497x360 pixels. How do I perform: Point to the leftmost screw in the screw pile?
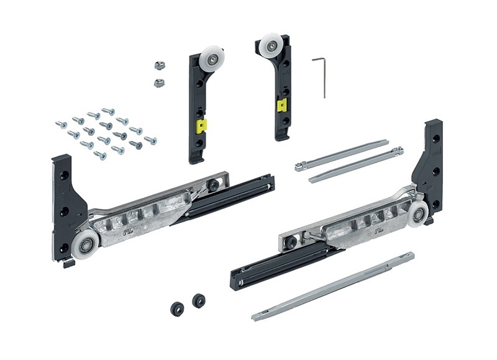pyautogui.click(x=61, y=125)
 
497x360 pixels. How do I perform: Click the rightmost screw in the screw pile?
pyautogui.click(x=150, y=140)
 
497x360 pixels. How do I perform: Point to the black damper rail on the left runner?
pyautogui.click(x=230, y=198)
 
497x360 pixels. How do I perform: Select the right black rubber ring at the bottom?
pyautogui.click(x=199, y=300)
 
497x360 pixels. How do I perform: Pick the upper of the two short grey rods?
pyautogui.click(x=342, y=155)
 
